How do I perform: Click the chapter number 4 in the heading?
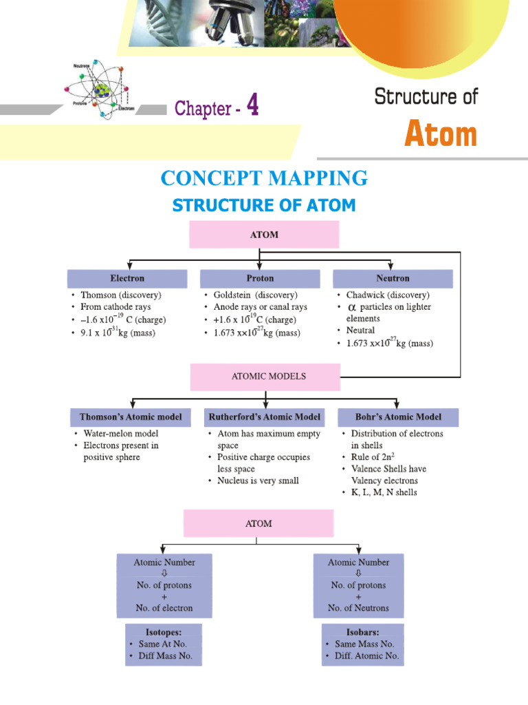pyautogui.click(x=252, y=107)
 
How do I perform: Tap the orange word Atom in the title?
pyautogui.click(x=440, y=134)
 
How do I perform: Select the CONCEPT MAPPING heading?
pyautogui.click(x=264, y=178)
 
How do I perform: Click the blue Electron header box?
pyautogui.click(x=127, y=278)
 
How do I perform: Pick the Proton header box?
pyautogui.click(x=259, y=278)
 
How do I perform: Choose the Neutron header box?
pyautogui.click(x=393, y=278)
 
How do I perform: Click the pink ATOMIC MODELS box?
pyautogui.click(x=265, y=377)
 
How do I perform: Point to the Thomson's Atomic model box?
pyautogui.click(x=131, y=417)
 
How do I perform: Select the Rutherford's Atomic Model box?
pyautogui.click(x=264, y=417)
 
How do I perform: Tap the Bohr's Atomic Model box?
pyautogui.click(x=398, y=417)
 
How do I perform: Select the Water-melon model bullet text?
pyautogui.click(x=120, y=434)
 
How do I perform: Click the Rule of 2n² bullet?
pyautogui.click(x=374, y=457)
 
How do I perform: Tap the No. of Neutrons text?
pyautogui.click(x=357, y=608)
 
